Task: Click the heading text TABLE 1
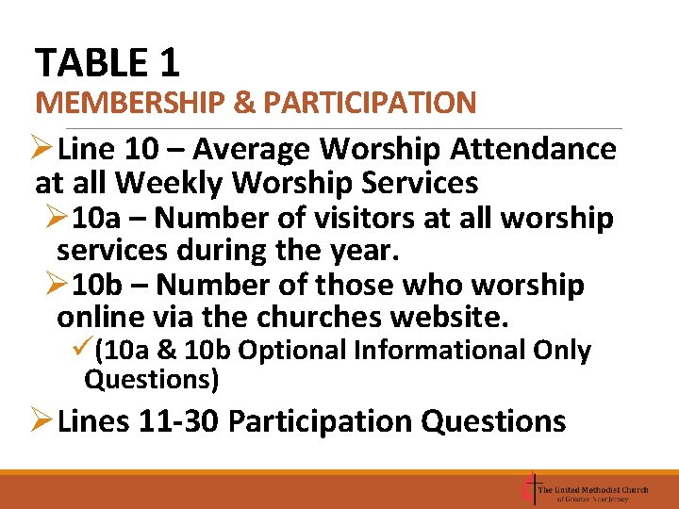[x=107, y=63]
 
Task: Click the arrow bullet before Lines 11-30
[x=44, y=420]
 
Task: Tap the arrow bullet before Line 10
[x=44, y=149]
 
